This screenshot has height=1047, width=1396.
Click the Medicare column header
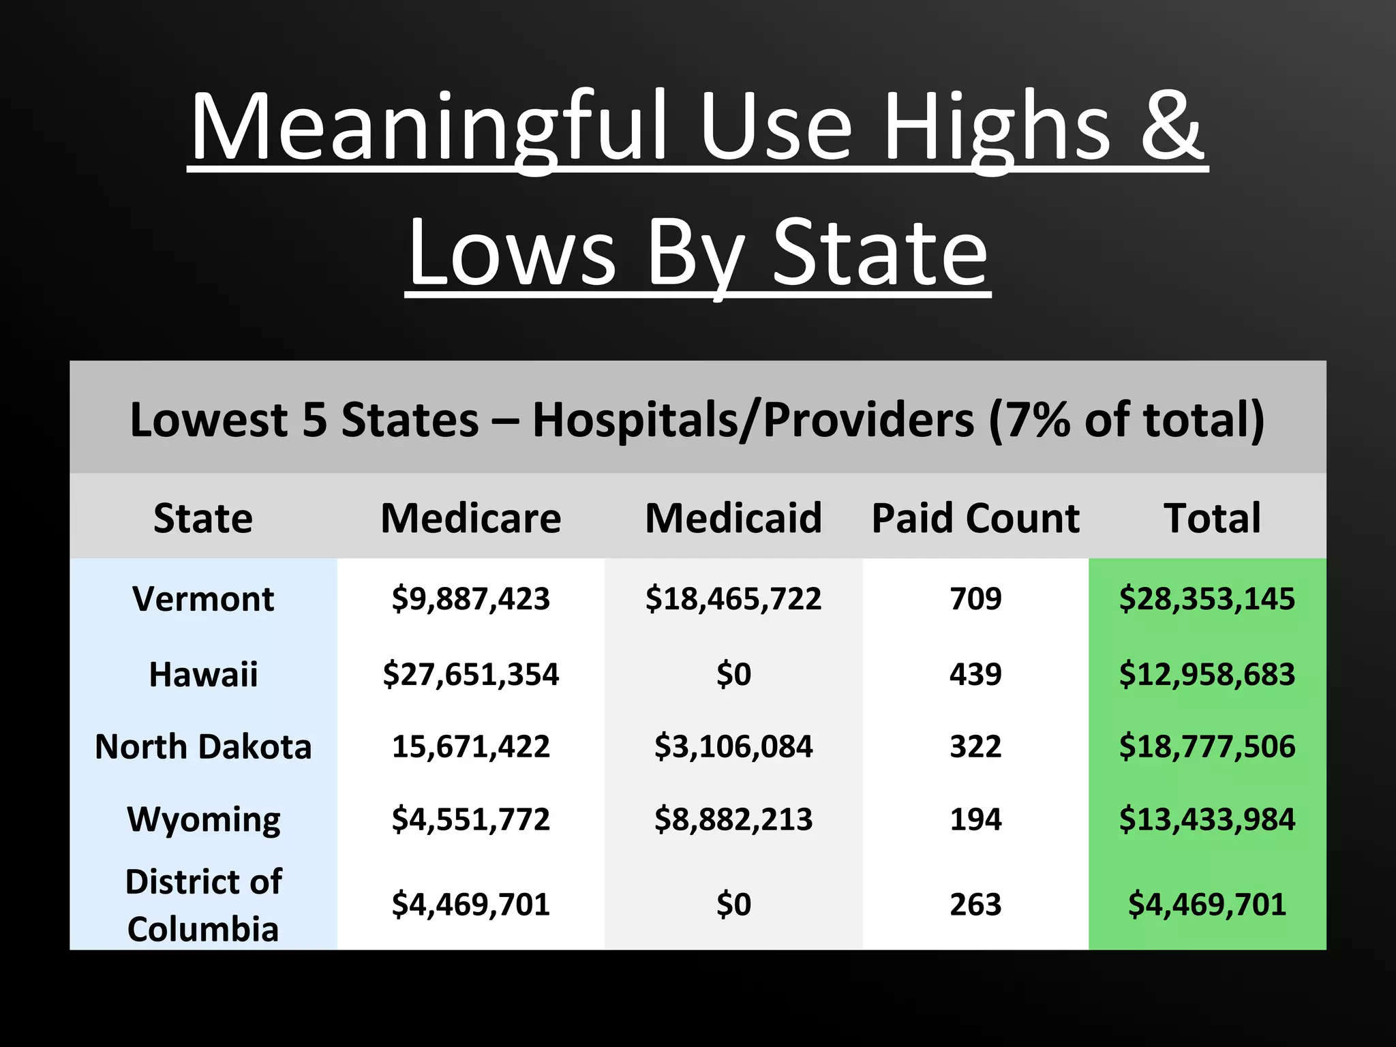click(x=470, y=518)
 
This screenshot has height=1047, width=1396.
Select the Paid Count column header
click(x=975, y=518)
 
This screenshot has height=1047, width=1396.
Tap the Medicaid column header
click(x=733, y=518)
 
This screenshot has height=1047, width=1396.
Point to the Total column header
click(x=1212, y=518)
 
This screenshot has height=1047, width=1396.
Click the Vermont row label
click(x=203, y=599)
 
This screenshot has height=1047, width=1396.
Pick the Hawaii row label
click(x=203, y=674)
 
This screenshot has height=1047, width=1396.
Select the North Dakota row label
click(x=203, y=746)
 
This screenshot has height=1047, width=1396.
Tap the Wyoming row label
click(x=203, y=819)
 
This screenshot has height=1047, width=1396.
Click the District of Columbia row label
click(x=203, y=905)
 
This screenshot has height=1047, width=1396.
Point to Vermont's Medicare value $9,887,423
click(x=470, y=599)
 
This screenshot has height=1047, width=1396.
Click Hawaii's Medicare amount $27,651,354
click(x=470, y=674)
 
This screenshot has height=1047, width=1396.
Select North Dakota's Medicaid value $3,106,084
click(x=733, y=746)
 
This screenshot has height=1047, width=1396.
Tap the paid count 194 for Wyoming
click(x=975, y=819)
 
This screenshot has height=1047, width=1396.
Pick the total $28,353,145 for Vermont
click(x=1207, y=599)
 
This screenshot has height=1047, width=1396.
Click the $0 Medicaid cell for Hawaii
click(x=733, y=674)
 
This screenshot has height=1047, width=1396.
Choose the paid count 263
click(x=975, y=905)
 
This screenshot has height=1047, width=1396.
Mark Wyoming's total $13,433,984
click(x=1207, y=819)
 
